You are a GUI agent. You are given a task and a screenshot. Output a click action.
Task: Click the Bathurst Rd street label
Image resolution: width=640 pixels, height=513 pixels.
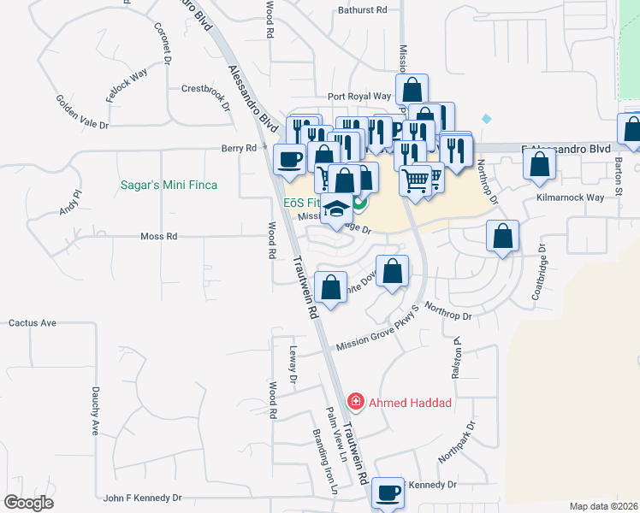tap(363, 9)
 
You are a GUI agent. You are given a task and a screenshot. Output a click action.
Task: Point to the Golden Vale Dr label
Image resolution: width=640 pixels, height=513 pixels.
tap(82, 112)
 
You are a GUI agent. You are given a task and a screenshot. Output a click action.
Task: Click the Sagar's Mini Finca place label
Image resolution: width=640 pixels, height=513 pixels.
tap(168, 185)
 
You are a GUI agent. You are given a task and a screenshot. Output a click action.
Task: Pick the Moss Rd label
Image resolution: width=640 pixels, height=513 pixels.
tap(158, 236)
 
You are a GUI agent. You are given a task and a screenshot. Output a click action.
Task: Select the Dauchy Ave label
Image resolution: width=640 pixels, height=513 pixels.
tap(96, 410)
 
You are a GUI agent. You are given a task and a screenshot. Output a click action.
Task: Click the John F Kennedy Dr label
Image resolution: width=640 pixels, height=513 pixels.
tap(143, 497)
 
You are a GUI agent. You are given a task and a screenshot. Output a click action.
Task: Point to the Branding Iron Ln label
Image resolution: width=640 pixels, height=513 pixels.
tap(326, 462)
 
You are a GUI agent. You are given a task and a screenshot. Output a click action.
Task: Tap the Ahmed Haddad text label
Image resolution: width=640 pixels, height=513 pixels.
tap(398, 402)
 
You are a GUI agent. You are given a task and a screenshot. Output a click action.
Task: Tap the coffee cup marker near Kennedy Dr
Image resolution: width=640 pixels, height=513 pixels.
tap(388, 492)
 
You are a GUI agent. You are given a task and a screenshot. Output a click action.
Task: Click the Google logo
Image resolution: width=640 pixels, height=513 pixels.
tap(29, 503)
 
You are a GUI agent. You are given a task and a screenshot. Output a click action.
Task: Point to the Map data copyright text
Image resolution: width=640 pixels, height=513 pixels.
tap(604, 505)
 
